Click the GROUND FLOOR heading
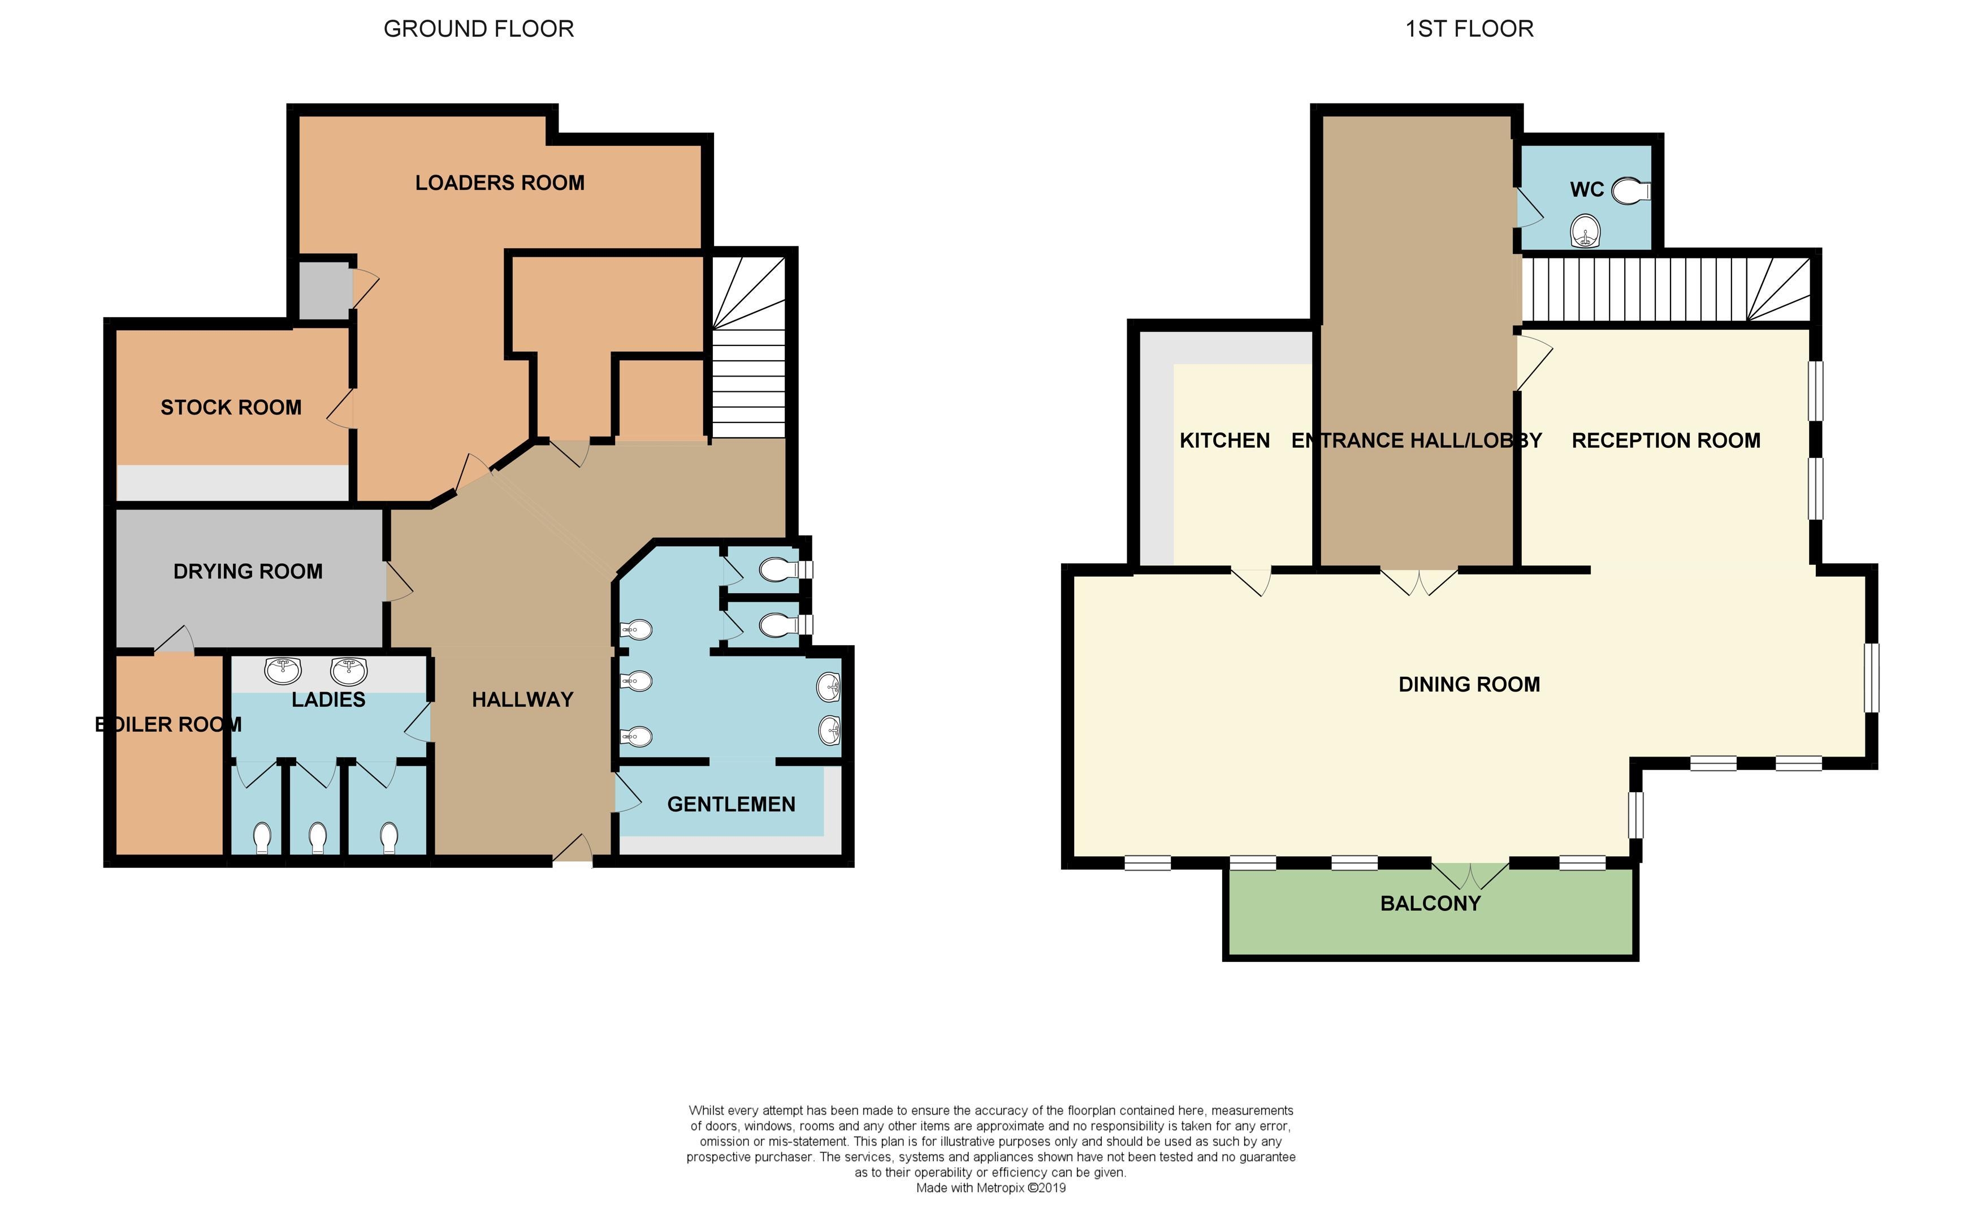point(479,29)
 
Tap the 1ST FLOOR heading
point(1469,29)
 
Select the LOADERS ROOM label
point(500,183)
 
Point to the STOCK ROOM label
point(231,407)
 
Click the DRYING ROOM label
point(248,571)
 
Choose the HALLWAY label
point(522,699)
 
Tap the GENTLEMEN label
point(731,804)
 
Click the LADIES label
point(328,699)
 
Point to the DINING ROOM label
point(1469,684)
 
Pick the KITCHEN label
point(1224,440)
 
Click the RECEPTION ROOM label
point(1667,440)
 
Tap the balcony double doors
point(1470,875)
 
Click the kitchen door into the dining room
point(1252,581)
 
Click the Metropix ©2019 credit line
point(990,1188)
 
